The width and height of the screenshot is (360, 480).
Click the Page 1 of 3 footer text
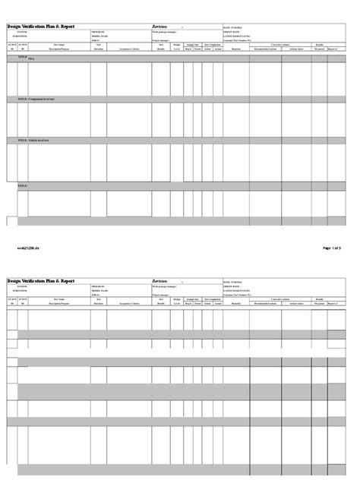(337, 248)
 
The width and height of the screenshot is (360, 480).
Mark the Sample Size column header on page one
(192, 45)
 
